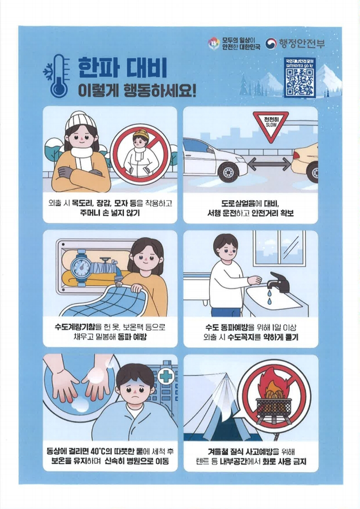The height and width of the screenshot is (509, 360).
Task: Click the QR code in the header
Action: [300, 82]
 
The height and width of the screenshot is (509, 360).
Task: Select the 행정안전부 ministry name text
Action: [302, 44]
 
